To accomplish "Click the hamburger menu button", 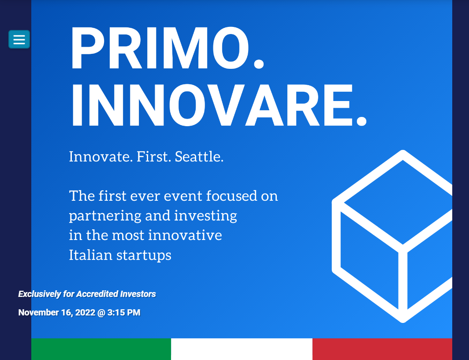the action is pyautogui.click(x=19, y=39).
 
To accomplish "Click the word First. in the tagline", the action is pyautogui.click(x=154, y=157).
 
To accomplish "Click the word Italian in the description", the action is pyautogui.click(x=90, y=255).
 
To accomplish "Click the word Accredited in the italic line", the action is pyautogui.click(x=97, y=294).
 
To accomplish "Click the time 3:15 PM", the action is pyautogui.click(x=124, y=312).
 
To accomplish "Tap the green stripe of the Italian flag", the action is pyautogui.click(x=101, y=349).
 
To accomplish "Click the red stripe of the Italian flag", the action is pyautogui.click(x=382, y=349).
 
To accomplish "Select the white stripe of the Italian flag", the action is pyautogui.click(x=242, y=349).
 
